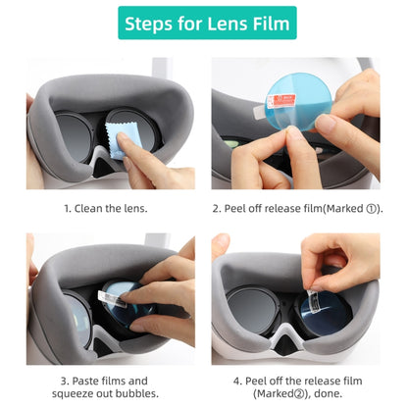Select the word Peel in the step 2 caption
[x=242, y=208]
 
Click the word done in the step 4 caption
[x=325, y=393]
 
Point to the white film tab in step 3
[x=108, y=292]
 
